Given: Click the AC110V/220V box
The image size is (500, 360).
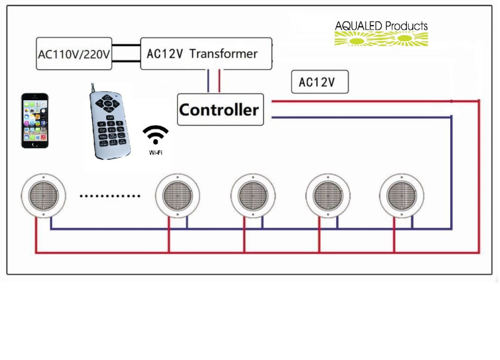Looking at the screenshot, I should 74,54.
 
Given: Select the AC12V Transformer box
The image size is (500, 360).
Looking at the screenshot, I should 206,54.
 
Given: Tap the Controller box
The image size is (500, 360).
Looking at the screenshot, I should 220,109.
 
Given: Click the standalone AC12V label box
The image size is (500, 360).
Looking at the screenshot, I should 319,83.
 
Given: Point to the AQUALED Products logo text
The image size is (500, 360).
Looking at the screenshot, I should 381,25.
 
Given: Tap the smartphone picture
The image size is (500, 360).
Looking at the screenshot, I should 35,121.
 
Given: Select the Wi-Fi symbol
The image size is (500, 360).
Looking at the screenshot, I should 156,135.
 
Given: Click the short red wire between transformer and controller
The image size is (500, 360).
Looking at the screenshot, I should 219,81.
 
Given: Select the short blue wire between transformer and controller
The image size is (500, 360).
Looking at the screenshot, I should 207,81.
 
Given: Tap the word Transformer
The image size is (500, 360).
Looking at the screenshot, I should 223,54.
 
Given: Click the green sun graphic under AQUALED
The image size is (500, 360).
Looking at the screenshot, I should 381,39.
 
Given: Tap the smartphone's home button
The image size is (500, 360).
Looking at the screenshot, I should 35,145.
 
